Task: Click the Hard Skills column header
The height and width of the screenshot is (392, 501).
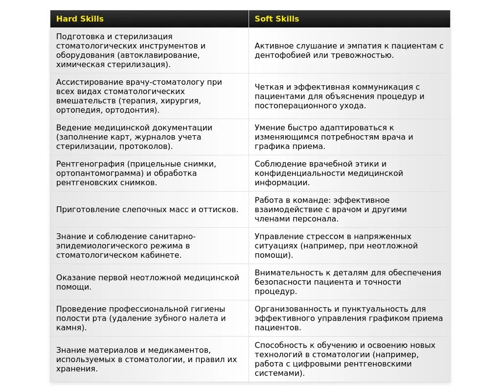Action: click(80, 19)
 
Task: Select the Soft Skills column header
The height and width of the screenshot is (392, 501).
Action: click(276, 19)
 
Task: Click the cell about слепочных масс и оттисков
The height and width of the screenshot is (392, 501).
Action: click(147, 209)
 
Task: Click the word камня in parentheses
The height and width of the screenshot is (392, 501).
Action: click(69, 327)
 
